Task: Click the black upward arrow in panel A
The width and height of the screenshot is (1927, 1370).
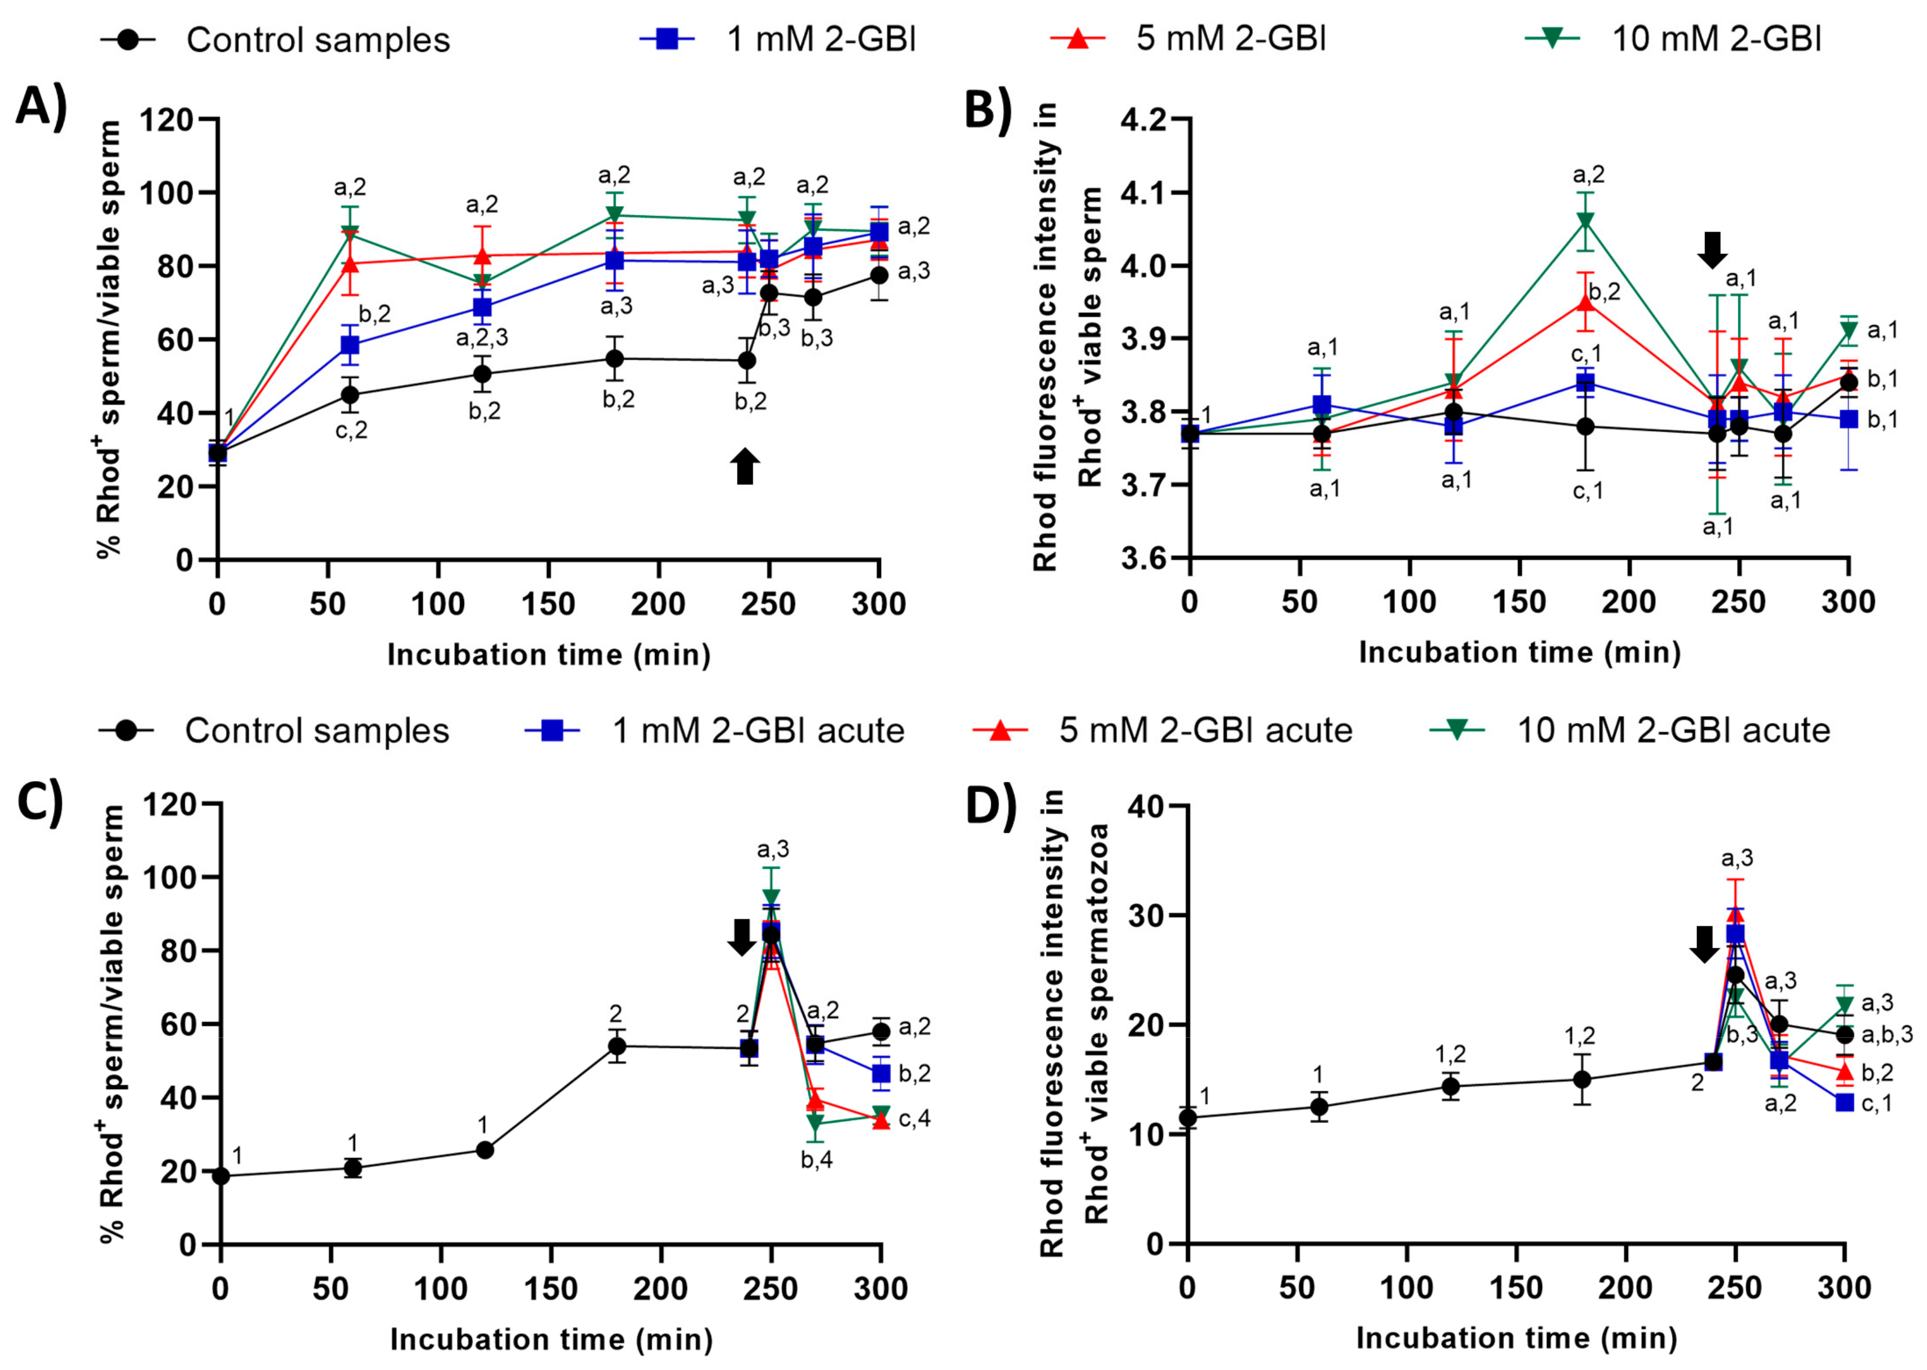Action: click(744, 466)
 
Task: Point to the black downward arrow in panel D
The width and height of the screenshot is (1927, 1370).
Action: click(1703, 944)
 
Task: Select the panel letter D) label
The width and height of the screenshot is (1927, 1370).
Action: click(990, 806)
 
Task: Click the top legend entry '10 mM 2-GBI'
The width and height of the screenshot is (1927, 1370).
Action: click(1716, 39)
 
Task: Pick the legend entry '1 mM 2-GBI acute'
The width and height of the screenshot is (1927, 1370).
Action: click(758, 731)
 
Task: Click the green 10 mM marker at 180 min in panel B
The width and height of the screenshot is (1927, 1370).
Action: click(1586, 221)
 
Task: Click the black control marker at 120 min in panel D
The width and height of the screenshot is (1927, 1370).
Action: click(1450, 1087)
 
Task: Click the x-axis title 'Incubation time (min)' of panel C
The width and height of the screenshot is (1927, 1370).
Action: click(551, 1340)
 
